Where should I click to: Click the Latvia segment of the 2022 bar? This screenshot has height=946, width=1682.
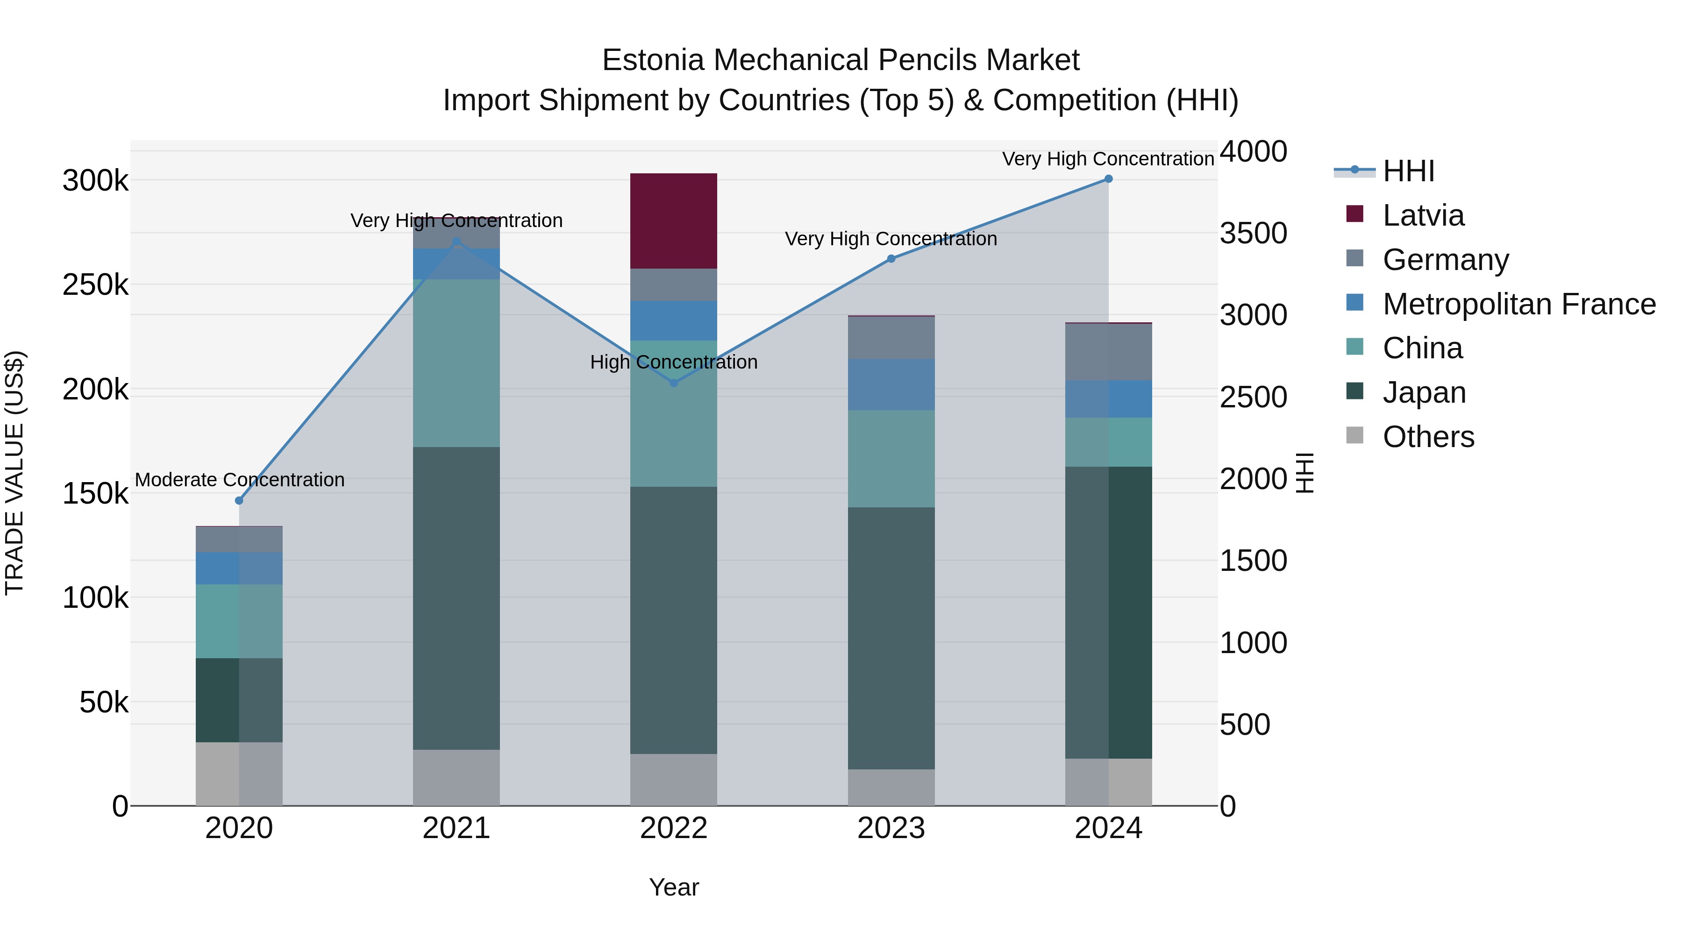pos(673,220)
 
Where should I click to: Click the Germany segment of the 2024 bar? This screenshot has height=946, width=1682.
pos(1108,352)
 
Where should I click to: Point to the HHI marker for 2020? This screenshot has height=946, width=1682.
pos(239,501)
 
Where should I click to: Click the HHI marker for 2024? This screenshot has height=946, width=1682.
pos(1108,179)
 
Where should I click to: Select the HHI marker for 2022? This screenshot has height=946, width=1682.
pos(674,383)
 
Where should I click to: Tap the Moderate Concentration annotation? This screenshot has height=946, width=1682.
pos(240,480)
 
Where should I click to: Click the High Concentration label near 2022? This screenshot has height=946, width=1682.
pos(673,363)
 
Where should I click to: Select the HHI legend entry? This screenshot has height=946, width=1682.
pos(1408,171)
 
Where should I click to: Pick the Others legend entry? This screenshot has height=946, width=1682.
pos(1427,437)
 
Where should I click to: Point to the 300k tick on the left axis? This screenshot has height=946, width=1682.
pos(95,181)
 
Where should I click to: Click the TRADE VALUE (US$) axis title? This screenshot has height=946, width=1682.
pos(15,473)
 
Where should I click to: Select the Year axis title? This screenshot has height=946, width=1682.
pos(673,887)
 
